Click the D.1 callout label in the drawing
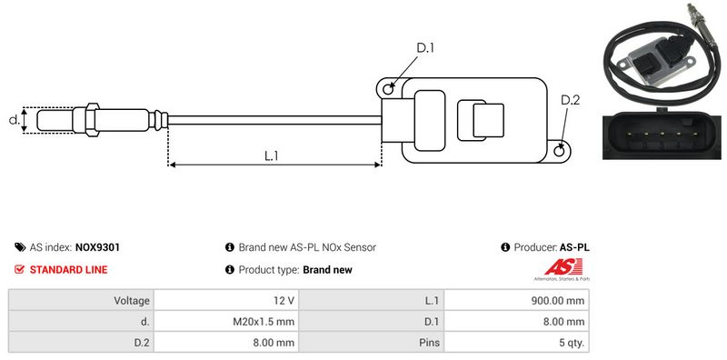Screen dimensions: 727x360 [425, 48]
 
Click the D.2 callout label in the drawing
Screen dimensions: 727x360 [571, 100]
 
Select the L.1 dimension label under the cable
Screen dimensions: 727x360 [271, 155]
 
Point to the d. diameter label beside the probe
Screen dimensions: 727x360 [15, 120]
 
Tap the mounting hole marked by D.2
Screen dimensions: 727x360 [560, 150]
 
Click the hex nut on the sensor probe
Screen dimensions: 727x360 [92, 120]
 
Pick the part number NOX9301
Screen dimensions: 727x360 [97, 247]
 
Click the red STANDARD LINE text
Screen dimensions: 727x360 [69, 269]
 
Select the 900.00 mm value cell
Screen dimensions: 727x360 [517, 301]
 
